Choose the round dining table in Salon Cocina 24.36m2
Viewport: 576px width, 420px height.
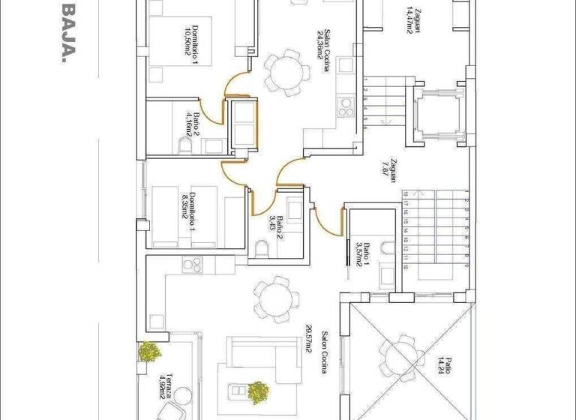coord(285,71)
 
